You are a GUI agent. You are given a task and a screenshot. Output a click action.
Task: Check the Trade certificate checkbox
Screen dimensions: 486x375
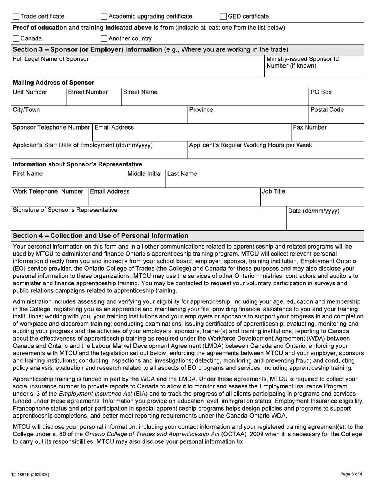(x=16, y=17)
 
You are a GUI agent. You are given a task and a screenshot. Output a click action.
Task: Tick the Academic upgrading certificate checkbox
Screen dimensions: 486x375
(x=104, y=17)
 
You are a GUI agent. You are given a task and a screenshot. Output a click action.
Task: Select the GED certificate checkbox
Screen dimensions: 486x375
(x=223, y=17)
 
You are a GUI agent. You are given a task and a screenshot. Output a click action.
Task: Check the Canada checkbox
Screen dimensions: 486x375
(x=16, y=39)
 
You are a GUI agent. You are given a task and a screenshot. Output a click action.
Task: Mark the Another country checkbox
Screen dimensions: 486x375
(x=104, y=39)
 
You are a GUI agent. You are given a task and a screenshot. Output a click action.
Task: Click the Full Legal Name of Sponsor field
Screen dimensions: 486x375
(x=138, y=70)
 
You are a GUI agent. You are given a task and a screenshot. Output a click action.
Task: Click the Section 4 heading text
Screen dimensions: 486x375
(x=101, y=236)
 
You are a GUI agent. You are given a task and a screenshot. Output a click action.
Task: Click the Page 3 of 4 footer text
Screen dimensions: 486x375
(x=351, y=474)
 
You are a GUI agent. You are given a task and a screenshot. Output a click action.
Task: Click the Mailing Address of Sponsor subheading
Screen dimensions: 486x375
(x=54, y=83)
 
